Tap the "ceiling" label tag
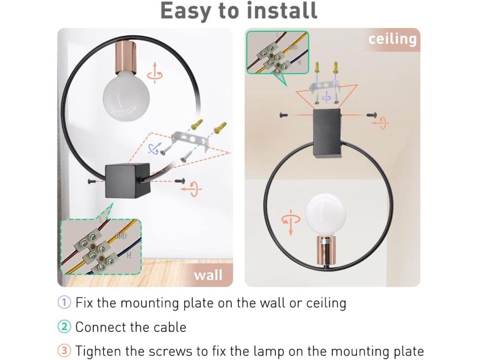392,39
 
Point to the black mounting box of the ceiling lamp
330,134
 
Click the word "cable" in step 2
166,327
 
